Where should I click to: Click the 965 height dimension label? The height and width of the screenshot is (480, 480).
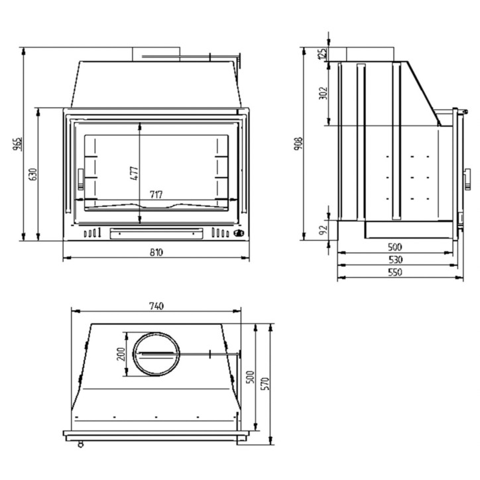pos(17,144)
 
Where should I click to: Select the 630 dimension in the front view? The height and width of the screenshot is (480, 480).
pos(32,174)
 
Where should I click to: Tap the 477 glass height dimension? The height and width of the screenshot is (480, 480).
pos(134,173)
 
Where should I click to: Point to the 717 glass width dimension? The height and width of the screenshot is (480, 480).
pos(156,194)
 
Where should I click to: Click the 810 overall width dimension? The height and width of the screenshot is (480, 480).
pos(156,252)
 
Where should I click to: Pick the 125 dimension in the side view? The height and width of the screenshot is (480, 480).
pos(323,54)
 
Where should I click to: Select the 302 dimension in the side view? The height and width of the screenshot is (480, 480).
pos(323,93)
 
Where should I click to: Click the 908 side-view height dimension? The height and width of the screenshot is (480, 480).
pos(299,144)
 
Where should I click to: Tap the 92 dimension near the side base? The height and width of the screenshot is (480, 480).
pos(323,230)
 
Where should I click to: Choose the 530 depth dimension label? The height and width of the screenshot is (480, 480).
pos(396,259)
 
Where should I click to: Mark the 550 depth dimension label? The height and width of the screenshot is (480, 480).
pos(396,272)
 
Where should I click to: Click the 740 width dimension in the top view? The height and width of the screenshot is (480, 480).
pos(156,306)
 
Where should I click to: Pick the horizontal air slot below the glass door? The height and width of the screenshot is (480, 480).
pos(156,231)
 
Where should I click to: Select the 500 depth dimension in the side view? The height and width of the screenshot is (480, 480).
pos(396,247)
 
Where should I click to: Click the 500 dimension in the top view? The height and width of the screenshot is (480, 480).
pos(250,376)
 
